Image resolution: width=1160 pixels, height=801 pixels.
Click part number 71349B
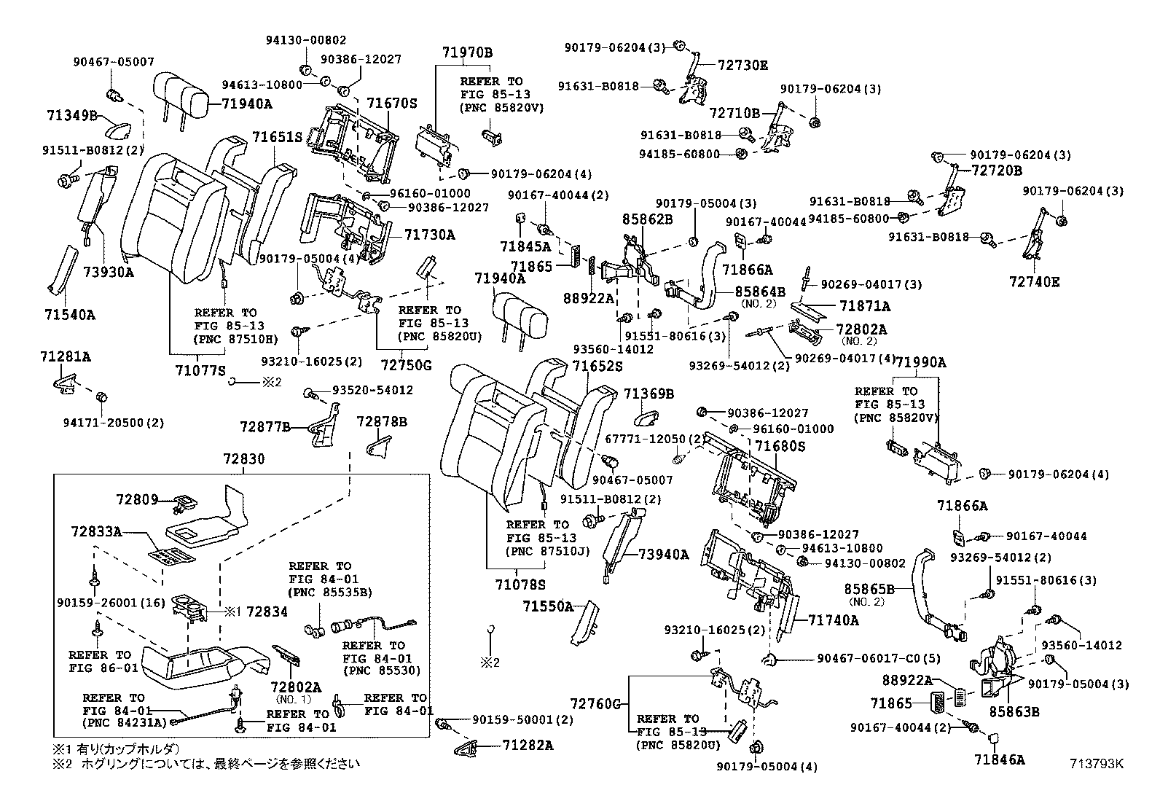(71, 115)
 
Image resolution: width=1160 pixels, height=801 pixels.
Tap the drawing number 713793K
(1097, 764)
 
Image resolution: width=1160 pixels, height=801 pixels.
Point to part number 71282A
(528, 745)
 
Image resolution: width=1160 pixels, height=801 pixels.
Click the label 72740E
(1035, 281)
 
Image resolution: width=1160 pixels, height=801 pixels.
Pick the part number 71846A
(999, 759)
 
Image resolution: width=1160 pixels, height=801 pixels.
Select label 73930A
(109, 273)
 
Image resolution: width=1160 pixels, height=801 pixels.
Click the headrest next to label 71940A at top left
(181, 91)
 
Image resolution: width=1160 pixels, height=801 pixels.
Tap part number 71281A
(66, 356)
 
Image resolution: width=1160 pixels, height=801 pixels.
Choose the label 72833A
(96, 531)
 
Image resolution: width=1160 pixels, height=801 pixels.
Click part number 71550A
(547, 606)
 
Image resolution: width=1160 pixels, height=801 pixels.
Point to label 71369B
(648, 394)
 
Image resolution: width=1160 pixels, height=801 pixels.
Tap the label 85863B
(1014, 711)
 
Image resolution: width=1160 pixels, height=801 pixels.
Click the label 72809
(137, 500)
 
